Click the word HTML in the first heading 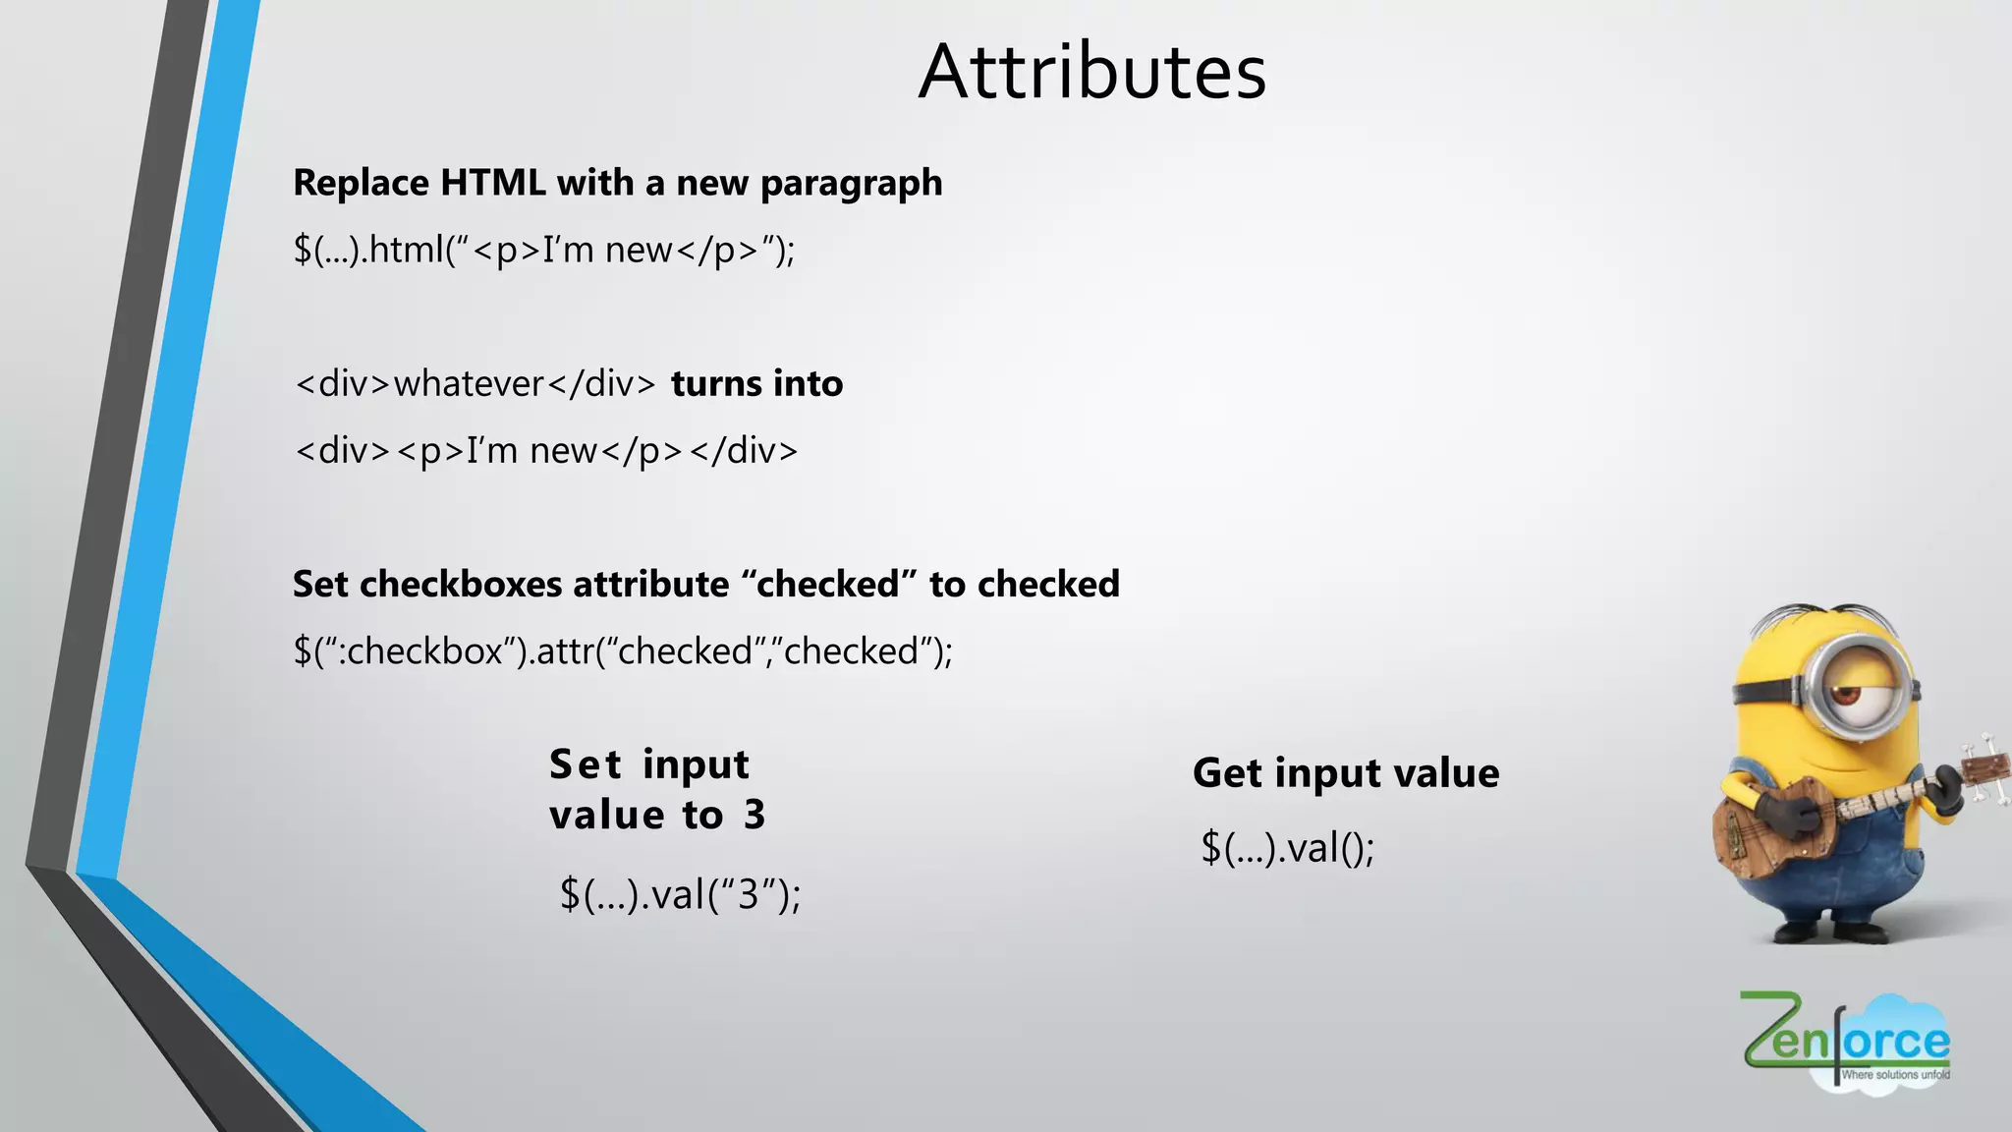pos(492,183)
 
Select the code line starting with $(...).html pos(543,251)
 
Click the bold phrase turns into pos(756,383)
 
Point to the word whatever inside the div pos(469,383)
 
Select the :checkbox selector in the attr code pos(425,651)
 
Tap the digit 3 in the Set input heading pos(754,815)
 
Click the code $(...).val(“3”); pos(680,894)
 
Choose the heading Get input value pos(1346,773)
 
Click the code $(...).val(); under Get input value pos(1287,848)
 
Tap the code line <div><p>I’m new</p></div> pos(546,451)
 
